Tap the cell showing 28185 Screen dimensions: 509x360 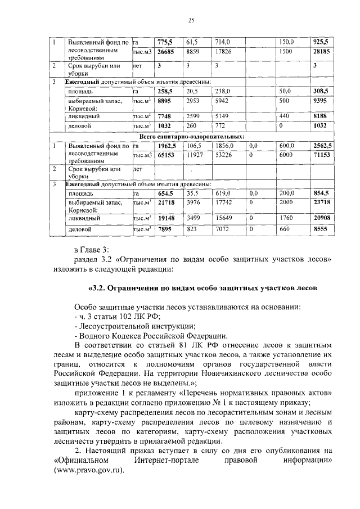pyautogui.click(x=321, y=51)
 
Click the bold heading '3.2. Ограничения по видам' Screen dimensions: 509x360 pyautogui.click(x=204, y=289)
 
